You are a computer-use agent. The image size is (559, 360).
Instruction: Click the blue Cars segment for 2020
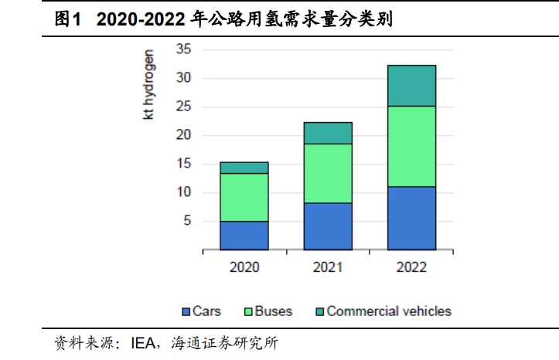click(x=244, y=236)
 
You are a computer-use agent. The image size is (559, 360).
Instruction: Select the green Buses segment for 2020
click(x=244, y=197)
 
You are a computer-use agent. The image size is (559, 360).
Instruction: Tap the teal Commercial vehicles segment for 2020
click(x=244, y=168)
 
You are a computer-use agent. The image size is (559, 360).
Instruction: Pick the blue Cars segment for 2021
click(x=328, y=226)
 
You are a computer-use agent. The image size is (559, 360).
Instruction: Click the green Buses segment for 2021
click(x=328, y=173)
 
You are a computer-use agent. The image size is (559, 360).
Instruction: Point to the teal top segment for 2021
click(x=328, y=133)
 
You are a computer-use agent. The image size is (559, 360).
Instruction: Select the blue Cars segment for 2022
click(x=411, y=218)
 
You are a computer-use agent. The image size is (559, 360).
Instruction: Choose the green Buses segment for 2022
click(x=411, y=146)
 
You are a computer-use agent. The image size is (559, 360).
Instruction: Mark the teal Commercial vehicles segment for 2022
click(x=411, y=86)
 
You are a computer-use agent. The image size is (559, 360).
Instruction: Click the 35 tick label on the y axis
click(x=183, y=50)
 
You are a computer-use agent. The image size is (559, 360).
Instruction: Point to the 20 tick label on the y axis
click(x=183, y=136)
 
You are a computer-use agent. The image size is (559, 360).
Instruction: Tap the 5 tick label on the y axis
click(x=186, y=222)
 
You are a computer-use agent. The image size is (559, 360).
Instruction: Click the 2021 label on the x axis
click(x=328, y=268)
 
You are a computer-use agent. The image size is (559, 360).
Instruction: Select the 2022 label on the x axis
click(x=411, y=268)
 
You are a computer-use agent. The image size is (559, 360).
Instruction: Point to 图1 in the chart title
click(x=68, y=20)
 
